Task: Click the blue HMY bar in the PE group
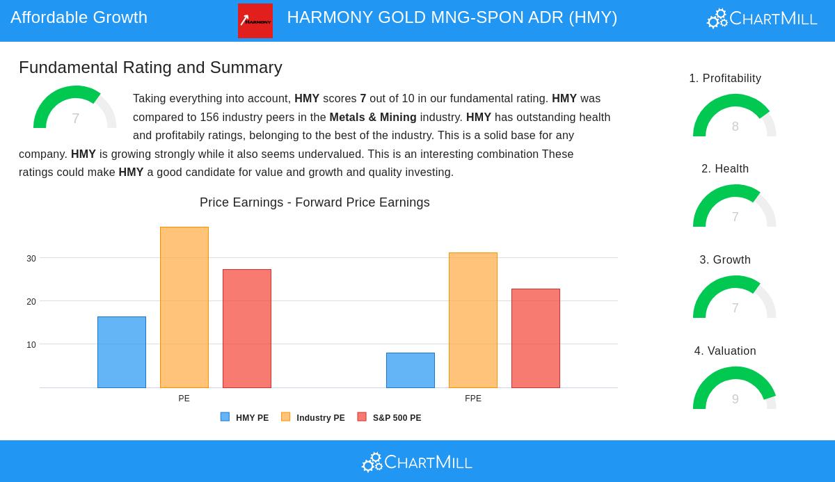122,352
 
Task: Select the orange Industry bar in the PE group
184,307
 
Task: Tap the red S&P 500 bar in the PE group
247,328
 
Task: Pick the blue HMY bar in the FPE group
411,370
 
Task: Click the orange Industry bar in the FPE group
473,320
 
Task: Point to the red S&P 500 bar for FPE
536,338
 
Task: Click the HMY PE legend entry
245,418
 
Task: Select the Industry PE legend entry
313,418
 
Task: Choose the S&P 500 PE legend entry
390,418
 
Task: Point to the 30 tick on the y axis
31,259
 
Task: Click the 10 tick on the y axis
31,345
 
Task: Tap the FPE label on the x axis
473,399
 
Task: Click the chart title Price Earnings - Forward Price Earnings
315,202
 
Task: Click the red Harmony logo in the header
255,21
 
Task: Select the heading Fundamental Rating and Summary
150,67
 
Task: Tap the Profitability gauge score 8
735,126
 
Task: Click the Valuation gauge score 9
735,399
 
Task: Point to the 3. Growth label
725,260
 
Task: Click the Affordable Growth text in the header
79,17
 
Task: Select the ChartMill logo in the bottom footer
417,462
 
